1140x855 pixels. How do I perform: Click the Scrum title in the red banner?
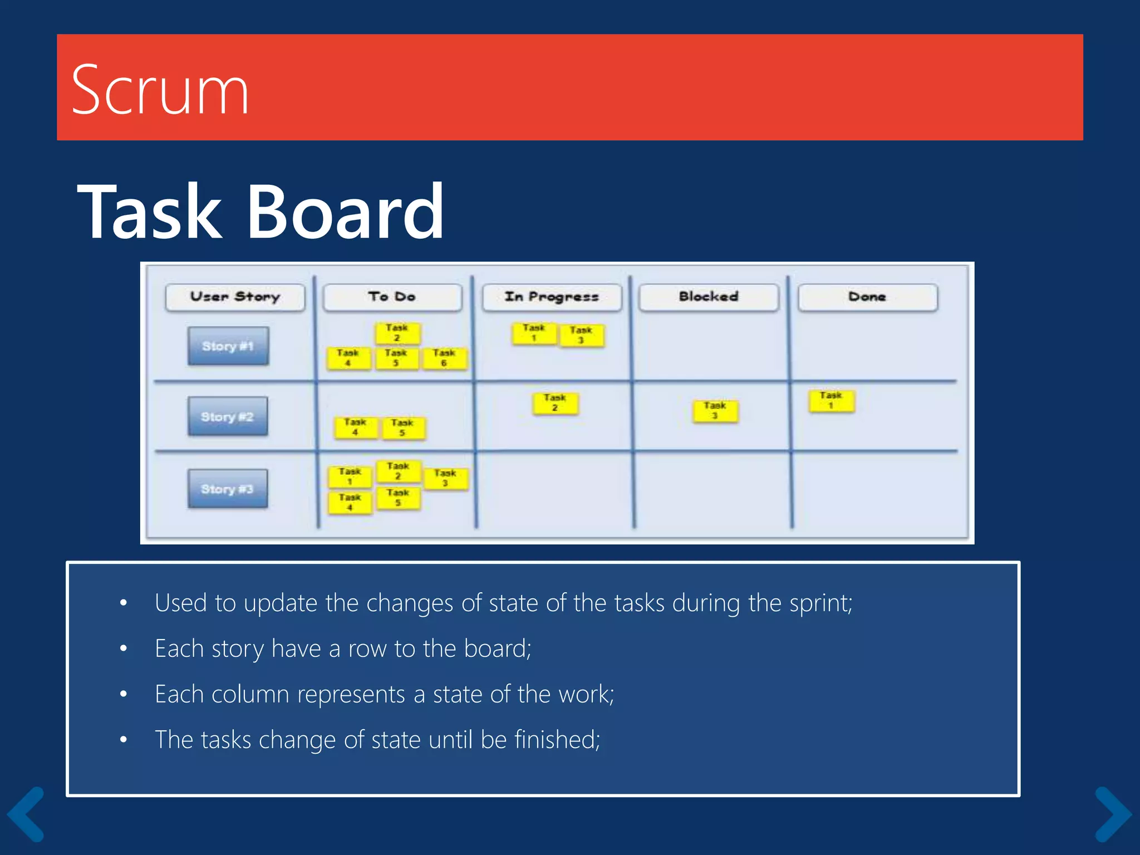(x=160, y=90)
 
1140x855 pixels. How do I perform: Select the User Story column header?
(x=235, y=297)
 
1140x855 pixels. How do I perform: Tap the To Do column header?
(x=392, y=297)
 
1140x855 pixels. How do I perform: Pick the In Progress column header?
(x=551, y=297)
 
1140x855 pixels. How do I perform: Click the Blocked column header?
(x=708, y=297)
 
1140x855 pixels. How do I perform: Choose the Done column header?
(x=867, y=297)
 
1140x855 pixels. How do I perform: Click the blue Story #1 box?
(x=228, y=346)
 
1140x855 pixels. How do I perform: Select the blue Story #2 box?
(x=227, y=416)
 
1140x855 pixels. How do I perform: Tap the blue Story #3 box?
(x=227, y=489)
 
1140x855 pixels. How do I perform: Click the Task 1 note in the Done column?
(x=831, y=401)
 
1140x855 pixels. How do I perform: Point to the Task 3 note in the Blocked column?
(x=715, y=411)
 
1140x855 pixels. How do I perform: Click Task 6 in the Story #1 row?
(x=444, y=358)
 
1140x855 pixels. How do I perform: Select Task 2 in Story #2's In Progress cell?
(x=555, y=403)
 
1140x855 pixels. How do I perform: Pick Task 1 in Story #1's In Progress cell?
(x=533, y=333)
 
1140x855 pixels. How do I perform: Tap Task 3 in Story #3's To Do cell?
(x=445, y=478)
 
